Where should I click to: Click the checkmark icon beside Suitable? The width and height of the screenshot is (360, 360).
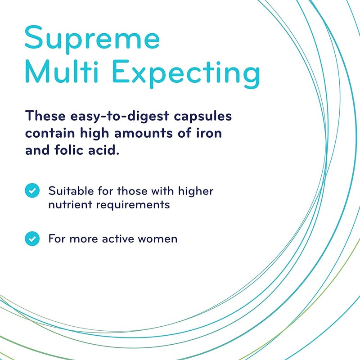point(31,191)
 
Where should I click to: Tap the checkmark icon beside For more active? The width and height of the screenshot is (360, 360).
point(31,238)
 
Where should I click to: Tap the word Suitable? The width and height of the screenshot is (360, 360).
point(70,191)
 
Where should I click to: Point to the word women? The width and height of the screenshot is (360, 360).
point(159,238)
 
